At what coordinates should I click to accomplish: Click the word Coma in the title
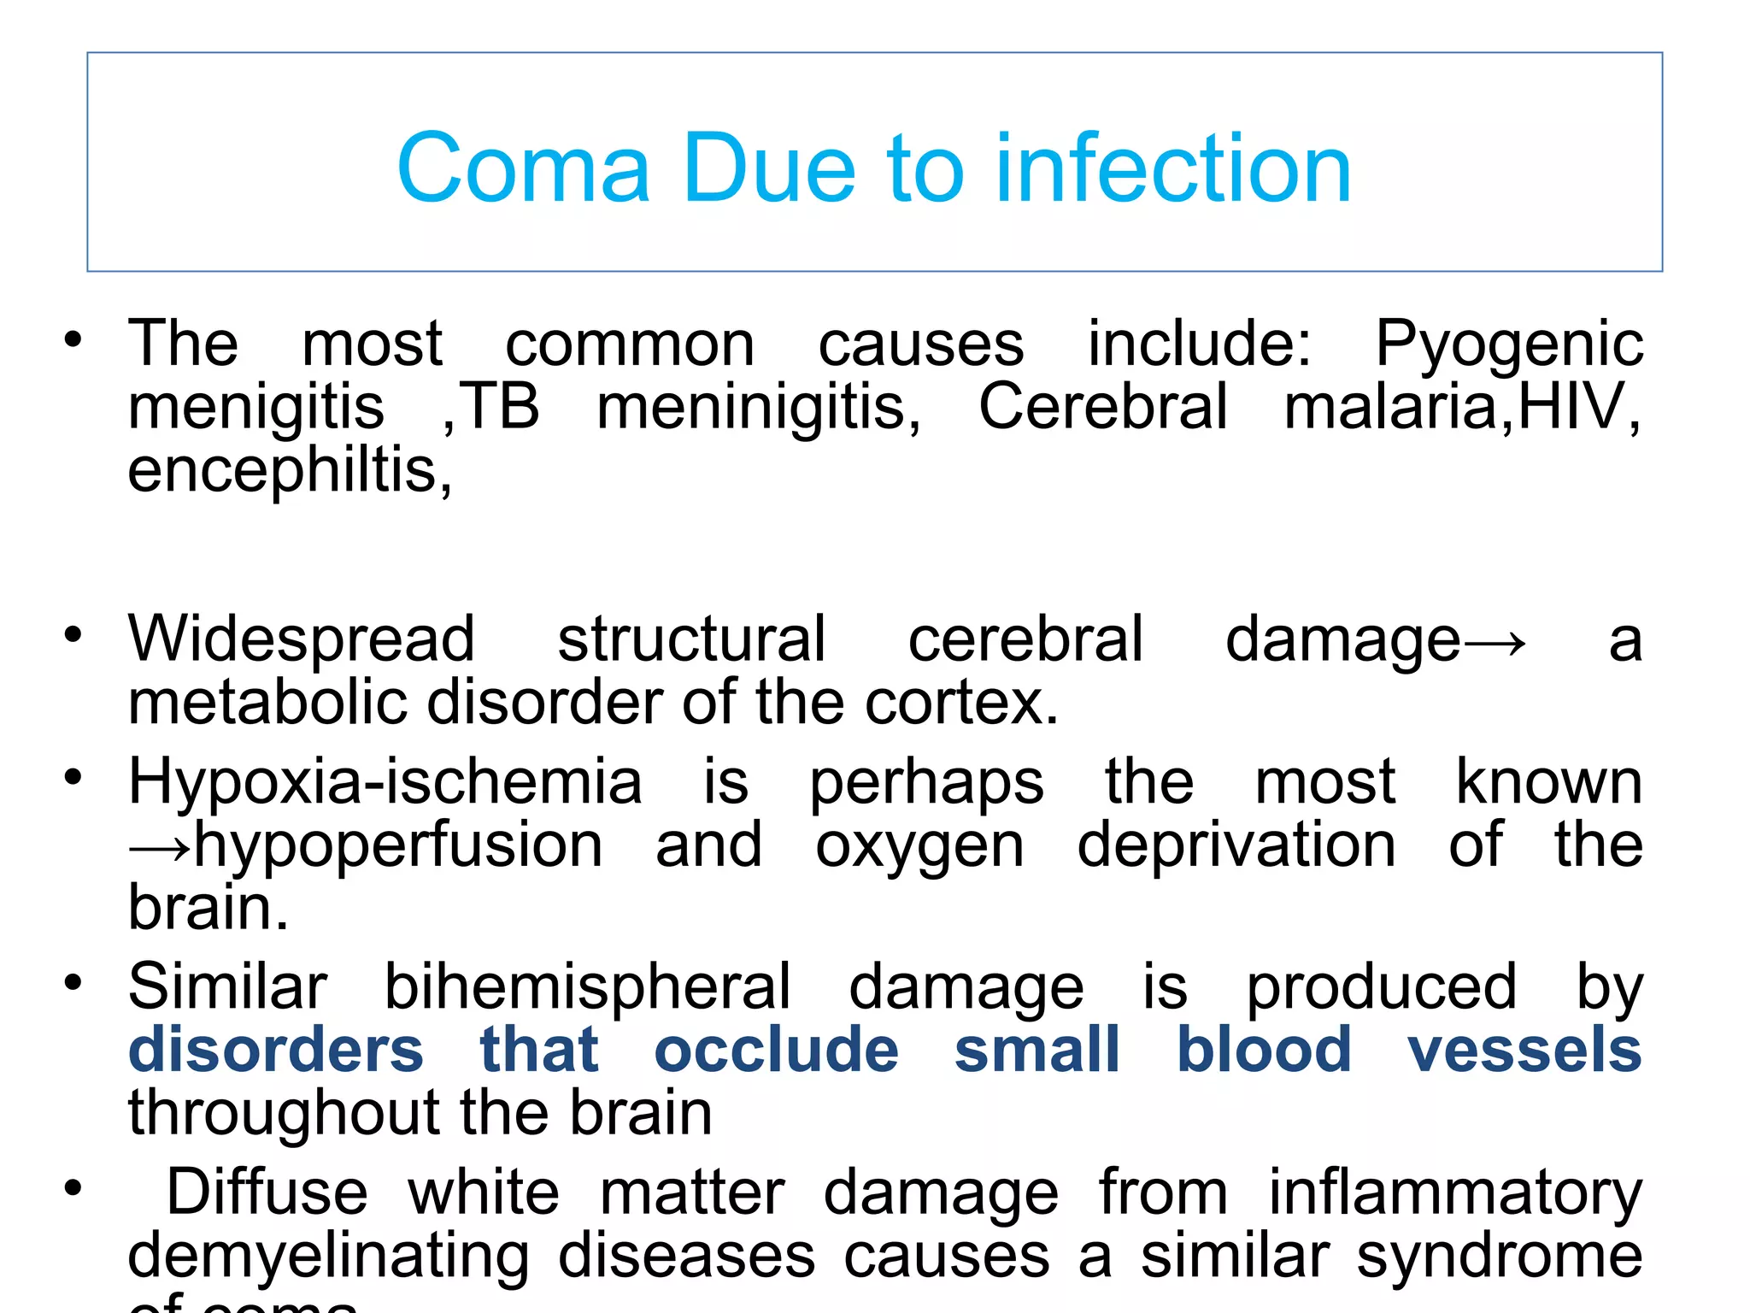pyautogui.click(x=523, y=168)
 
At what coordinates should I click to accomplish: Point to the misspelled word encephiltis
pyautogui.click(x=289, y=470)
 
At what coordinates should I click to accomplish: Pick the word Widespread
pyautogui.click(x=301, y=639)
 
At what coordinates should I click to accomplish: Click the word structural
pyautogui.click(x=691, y=639)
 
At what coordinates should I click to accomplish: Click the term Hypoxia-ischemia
pyautogui.click(x=385, y=782)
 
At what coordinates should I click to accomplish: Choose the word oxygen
pyautogui.click(x=919, y=847)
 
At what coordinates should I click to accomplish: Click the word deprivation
pyautogui.click(x=1236, y=845)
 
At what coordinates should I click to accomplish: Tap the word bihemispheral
pyautogui.click(x=587, y=987)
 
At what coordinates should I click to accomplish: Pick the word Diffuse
pyautogui.click(x=267, y=1192)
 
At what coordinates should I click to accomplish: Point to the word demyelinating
pyautogui.click(x=329, y=1257)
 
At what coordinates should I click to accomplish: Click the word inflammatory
pyautogui.click(x=1454, y=1194)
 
